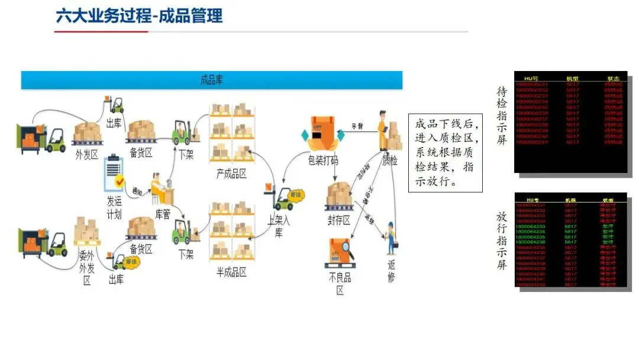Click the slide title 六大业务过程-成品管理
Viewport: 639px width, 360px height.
[139, 16]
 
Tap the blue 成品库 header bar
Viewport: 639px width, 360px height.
[211, 80]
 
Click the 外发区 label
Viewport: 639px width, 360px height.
[87, 155]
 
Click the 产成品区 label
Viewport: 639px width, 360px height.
[231, 173]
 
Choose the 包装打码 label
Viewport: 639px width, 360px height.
[323, 161]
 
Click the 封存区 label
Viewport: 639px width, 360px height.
[338, 220]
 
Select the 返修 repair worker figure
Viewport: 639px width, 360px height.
[390, 238]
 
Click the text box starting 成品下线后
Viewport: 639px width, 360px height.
[445, 153]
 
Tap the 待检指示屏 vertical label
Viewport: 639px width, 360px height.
[502, 117]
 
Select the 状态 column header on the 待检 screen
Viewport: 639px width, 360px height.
[613, 78]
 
